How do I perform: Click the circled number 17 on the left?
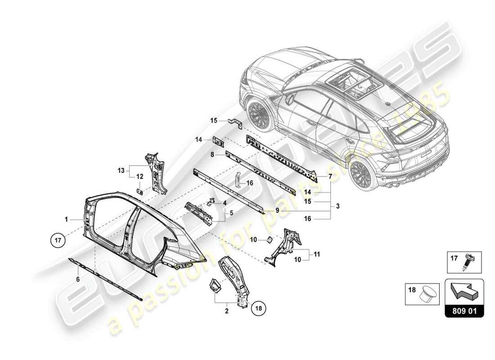click(x=58, y=240)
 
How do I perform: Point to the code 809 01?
click(x=464, y=310)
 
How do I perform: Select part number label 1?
click(x=66, y=219)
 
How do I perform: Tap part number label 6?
click(x=78, y=279)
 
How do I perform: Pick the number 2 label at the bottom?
click(x=226, y=310)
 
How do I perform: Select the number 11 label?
click(x=317, y=254)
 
